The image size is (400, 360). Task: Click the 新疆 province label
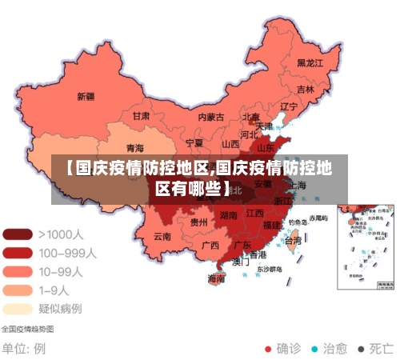click(86, 97)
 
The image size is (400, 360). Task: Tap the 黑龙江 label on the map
click(310, 62)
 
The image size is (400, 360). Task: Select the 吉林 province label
click(305, 90)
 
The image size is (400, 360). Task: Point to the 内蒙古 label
click(211, 117)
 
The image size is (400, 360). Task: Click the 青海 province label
click(135, 148)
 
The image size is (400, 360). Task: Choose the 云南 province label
click(162, 236)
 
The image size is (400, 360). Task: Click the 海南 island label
click(216, 278)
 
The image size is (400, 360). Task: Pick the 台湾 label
click(294, 240)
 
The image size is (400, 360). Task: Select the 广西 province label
click(210, 245)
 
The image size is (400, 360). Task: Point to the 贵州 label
click(199, 222)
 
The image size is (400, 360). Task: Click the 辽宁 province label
click(288, 106)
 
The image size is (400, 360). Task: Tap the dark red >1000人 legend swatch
click(18, 234)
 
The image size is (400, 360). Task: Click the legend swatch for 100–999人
click(18, 253)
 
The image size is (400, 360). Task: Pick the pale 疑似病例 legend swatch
click(18, 308)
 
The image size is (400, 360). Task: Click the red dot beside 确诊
click(268, 349)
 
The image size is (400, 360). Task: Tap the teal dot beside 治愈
click(314, 349)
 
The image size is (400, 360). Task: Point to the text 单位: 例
click(23, 349)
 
